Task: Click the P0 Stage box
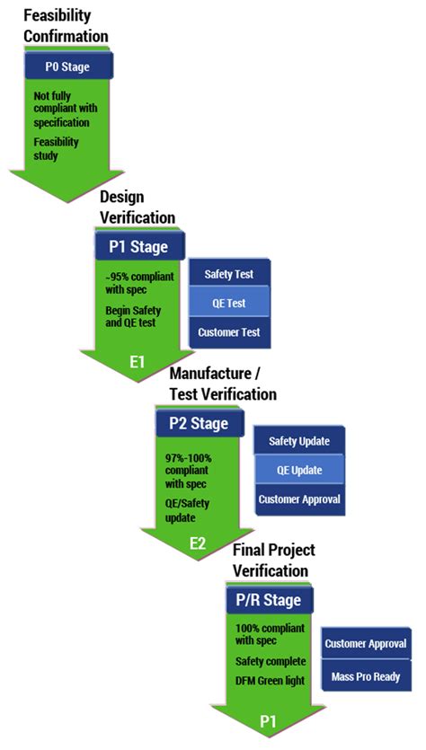[x=67, y=66]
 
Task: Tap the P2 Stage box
[x=200, y=423]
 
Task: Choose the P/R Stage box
[x=269, y=599]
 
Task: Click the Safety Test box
[x=228, y=274]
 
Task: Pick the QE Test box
[x=228, y=304]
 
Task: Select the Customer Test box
[x=228, y=332]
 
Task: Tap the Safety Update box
[x=299, y=441]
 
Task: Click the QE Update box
[x=299, y=470]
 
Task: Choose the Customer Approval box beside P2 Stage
[x=299, y=499]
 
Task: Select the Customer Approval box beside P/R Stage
[x=366, y=644]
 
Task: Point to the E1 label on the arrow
[x=137, y=363]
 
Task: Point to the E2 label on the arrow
[x=199, y=543]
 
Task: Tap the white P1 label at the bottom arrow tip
[x=268, y=721]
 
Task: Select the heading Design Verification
[x=137, y=207]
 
